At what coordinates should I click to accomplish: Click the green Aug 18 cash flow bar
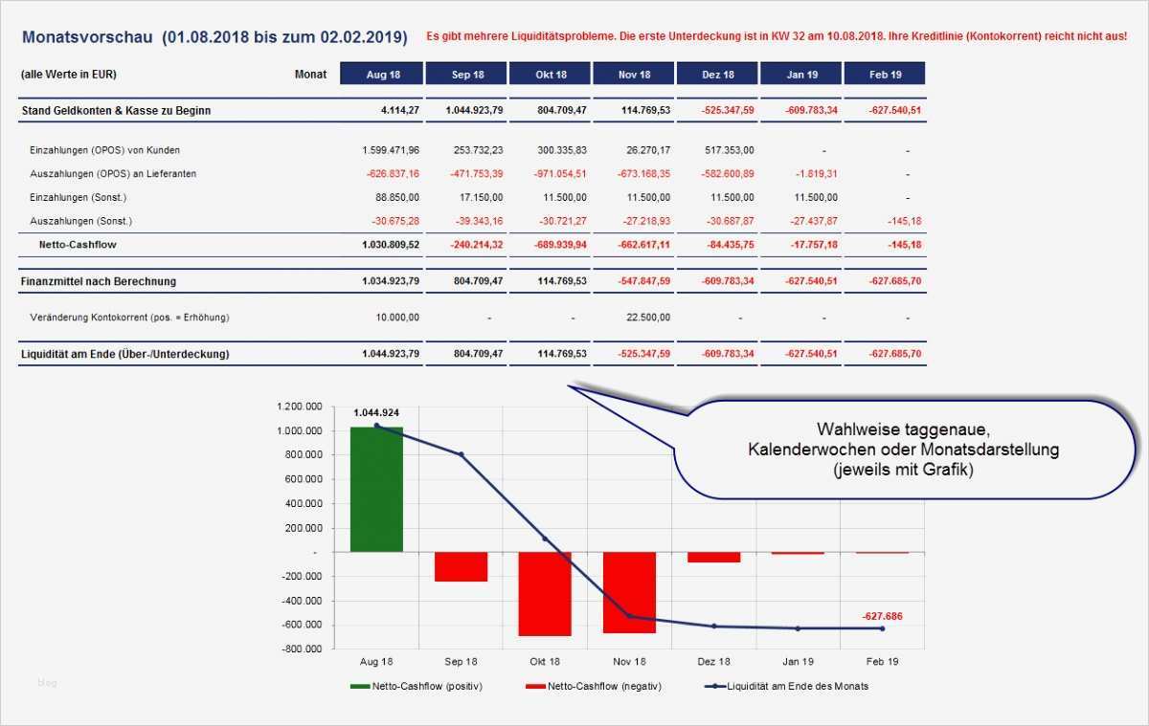tap(376, 489)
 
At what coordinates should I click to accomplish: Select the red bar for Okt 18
tap(545, 594)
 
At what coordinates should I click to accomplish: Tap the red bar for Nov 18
tap(629, 593)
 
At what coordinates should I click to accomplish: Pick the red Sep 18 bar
tap(461, 567)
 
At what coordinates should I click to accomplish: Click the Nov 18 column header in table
tap(634, 75)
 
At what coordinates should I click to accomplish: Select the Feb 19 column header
tap(885, 75)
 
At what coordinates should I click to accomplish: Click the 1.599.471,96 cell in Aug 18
tap(391, 150)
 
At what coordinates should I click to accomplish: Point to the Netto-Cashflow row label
tap(79, 245)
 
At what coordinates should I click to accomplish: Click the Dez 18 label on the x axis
tap(713, 662)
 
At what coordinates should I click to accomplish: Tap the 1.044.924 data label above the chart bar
tap(376, 412)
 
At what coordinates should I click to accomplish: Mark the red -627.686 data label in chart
tap(881, 616)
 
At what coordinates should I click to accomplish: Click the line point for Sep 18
tap(461, 455)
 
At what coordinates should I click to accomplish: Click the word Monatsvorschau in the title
tap(86, 37)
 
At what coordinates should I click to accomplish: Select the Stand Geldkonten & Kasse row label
tap(116, 111)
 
